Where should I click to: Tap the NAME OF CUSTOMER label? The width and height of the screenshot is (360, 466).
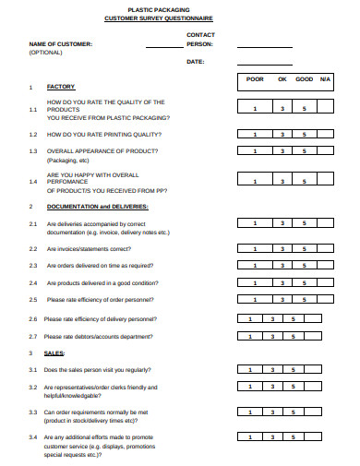62,43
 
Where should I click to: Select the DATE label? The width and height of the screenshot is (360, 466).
195,62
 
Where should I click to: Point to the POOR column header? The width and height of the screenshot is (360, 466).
255,79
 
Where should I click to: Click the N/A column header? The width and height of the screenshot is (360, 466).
325,79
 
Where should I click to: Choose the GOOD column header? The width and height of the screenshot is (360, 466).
304,79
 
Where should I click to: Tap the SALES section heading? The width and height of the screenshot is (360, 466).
54,353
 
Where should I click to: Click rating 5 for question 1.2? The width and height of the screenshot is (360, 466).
304,135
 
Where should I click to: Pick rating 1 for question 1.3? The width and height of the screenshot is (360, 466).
255,150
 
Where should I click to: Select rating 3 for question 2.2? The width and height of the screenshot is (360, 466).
282,249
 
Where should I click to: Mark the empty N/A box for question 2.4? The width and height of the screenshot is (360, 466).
325,283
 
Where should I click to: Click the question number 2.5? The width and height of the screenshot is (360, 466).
32,300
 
